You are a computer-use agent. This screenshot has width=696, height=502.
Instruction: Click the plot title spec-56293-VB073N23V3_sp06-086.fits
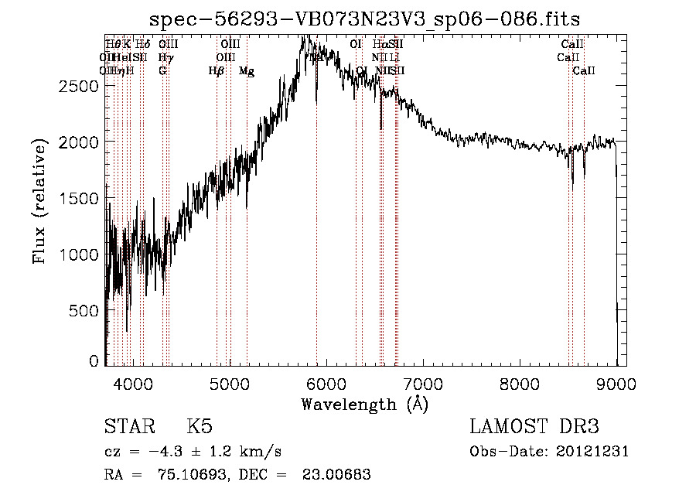pos(364,19)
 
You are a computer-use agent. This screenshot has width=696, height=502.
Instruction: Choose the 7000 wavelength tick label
pos(423,383)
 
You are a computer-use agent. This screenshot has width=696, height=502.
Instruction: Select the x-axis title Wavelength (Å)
pos(364,404)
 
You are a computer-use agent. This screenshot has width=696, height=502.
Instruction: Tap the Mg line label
pos(247,71)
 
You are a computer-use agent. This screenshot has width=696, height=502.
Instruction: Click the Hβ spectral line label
pos(217,71)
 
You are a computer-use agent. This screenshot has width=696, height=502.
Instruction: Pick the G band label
pos(162,71)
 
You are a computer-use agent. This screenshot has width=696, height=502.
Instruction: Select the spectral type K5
pos(200,428)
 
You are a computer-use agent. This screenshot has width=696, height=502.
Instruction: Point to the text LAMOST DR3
pos(534,428)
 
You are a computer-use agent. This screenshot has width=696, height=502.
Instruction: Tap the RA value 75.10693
pos(174,475)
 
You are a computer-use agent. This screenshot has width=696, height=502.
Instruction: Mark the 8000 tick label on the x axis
pos(520,383)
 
